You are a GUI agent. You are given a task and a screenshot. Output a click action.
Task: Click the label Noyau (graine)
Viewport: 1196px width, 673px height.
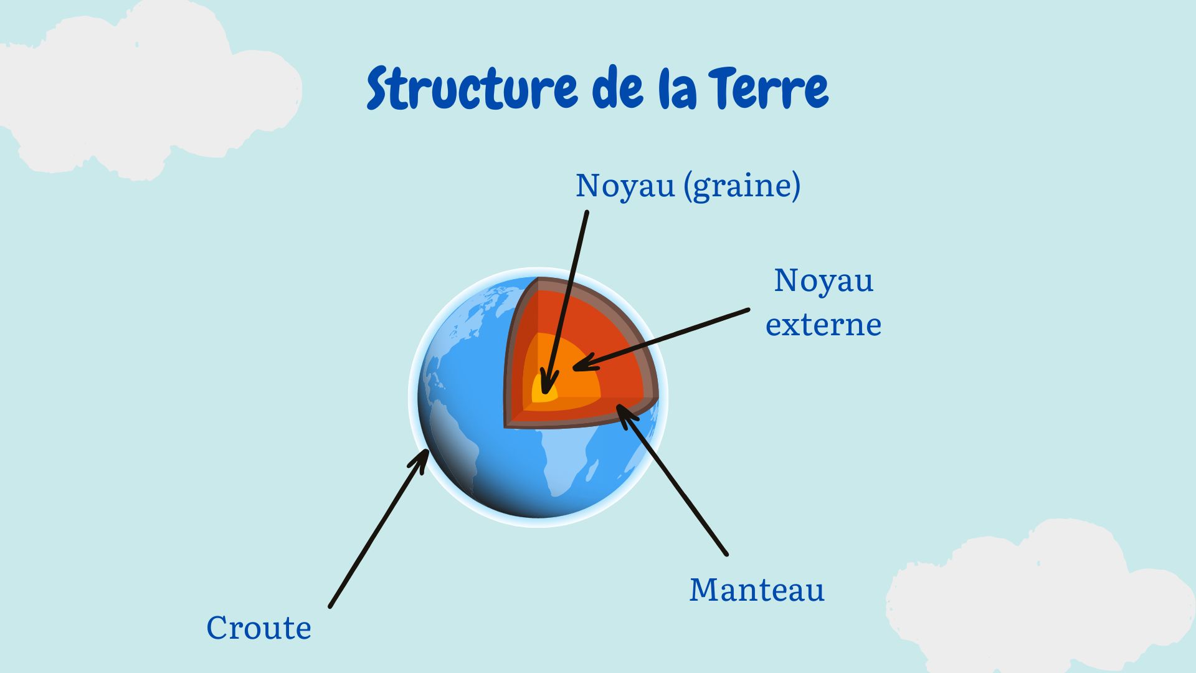tap(688, 186)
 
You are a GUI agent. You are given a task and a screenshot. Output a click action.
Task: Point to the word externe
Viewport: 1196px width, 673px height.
tap(823, 325)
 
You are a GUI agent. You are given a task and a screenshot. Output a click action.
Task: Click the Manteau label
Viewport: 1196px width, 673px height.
tap(757, 589)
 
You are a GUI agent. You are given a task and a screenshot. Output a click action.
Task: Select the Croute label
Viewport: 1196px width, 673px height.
tap(259, 628)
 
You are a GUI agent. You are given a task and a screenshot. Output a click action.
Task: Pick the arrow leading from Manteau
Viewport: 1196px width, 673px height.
tap(672, 479)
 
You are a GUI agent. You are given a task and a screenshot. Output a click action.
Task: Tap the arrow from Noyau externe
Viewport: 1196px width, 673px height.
tap(661, 339)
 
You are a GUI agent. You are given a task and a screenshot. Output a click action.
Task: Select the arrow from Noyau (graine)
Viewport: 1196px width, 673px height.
tap(564, 303)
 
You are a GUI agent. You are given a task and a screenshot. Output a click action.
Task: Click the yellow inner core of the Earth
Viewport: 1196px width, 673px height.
tap(543, 390)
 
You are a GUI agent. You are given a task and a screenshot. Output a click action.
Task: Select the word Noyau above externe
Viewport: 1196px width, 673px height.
tap(823, 281)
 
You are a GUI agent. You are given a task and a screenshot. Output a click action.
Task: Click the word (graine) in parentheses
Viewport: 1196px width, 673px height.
tap(742, 186)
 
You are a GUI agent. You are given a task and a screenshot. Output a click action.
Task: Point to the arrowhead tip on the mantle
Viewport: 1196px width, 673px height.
tap(617, 405)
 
